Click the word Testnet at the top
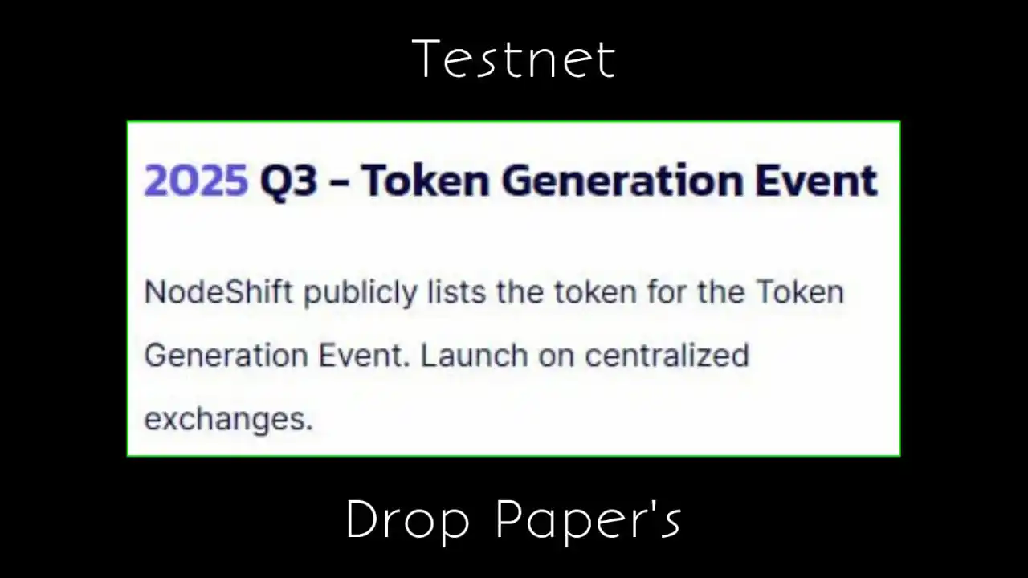(513, 59)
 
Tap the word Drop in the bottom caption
(407, 522)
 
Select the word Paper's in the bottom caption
(589, 522)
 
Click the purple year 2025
(196, 181)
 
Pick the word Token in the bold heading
(426, 181)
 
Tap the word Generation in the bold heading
(622, 181)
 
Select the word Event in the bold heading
(817, 181)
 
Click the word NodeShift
(218, 291)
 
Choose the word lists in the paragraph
(457, 291)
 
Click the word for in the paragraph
(667, 291)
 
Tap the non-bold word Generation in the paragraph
(226, 356)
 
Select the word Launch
(475, 356)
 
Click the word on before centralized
(557, 358)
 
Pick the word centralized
(667, 356)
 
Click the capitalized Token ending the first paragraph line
(801, 291)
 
